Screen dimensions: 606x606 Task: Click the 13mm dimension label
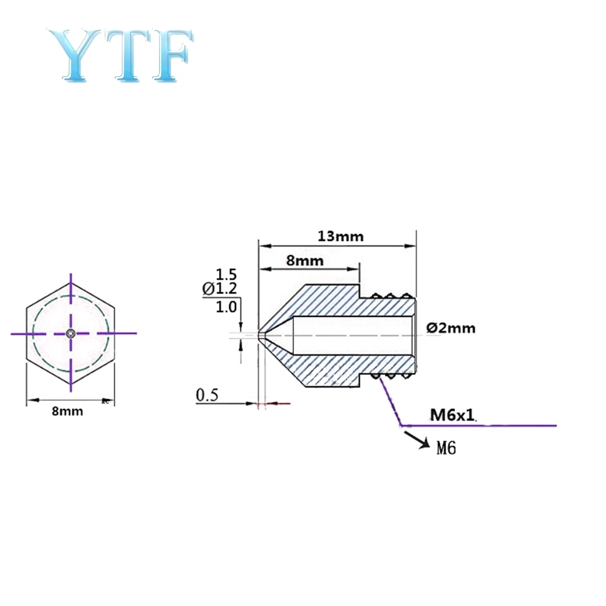coord(340,237)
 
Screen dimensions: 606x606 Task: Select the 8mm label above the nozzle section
coord(306,260)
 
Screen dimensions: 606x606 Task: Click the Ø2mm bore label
coord(451,328)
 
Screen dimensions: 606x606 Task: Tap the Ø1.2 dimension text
coord(219,289)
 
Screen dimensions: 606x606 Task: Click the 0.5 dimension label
coord(207,396)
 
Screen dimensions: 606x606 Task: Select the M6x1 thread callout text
coord(451,415)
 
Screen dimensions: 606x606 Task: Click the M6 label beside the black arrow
coord(446,448)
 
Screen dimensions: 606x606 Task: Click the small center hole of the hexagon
coord(71,333)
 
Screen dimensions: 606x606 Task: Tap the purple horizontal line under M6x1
coord(492,425)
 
